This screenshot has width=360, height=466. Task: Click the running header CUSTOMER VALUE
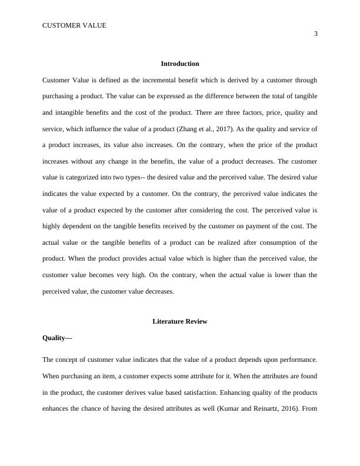(x=74, y=25)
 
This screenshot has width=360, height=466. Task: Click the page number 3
(x=316, y=34)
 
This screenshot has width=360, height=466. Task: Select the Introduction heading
(x=179, y=64)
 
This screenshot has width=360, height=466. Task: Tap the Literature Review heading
(x=179, y=322)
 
